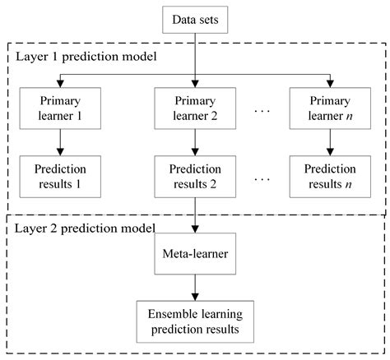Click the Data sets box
click(x=195, y=19)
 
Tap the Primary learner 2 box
click(x=195, y=108)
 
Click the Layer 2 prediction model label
click(x=84, y=227)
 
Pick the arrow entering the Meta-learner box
click(x=195, y=222)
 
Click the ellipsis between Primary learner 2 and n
click(x=262, y=110)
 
